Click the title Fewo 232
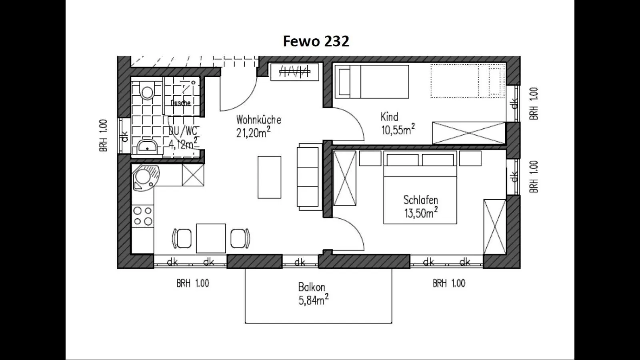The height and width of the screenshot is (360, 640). coord(316,41)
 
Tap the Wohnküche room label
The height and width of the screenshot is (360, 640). coord(258,120)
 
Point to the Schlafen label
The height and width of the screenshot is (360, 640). coord(420,200)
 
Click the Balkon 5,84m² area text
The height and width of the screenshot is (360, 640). coord(313,300)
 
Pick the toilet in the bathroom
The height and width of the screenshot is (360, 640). coord(147,92)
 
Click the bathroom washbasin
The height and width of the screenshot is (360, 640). coord(148,147)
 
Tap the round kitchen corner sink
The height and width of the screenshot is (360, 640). coord(145,176)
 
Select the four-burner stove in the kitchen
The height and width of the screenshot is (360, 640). coord(143,216)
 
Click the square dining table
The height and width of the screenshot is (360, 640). coord(211,238)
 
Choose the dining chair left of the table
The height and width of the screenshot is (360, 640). coord(182,238)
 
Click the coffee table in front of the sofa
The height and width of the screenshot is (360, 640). coord(269,177)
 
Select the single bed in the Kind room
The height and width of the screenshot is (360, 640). coord(372,82)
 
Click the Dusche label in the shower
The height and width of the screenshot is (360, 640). coord(180,103)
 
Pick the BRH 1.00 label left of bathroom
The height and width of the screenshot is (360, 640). coord(104,135)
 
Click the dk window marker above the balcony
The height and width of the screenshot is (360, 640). coord(300,262)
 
